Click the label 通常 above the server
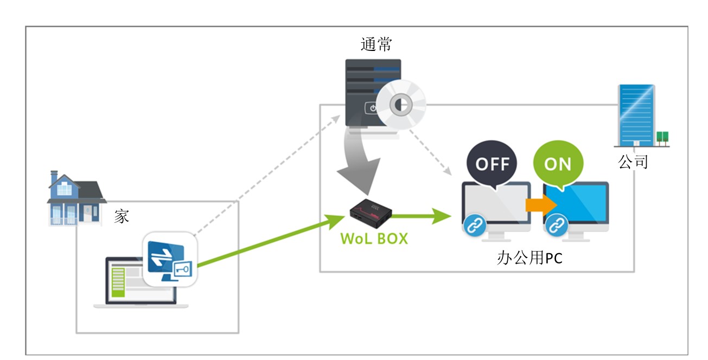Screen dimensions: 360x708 [376, 44]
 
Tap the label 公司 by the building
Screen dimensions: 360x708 [633, 161]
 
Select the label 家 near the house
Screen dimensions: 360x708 [122, 216]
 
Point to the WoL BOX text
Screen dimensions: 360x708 [374, 239]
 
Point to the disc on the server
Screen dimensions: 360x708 [401, 105]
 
